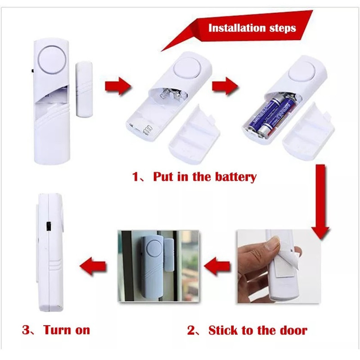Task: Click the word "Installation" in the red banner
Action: [x=237, y=28]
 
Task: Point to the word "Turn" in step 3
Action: [x=57, y=330]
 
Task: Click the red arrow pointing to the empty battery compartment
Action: [x=118, y=86]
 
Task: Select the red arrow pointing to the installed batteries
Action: [x=225, y=86]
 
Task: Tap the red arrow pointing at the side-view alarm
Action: [x=93, y=266]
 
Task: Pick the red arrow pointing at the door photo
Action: [x=217, y=266]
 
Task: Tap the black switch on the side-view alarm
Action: [x=49, y=226]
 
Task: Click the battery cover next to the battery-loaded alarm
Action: [x=308, y=132]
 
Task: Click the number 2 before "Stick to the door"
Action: [x=191, y=331]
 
